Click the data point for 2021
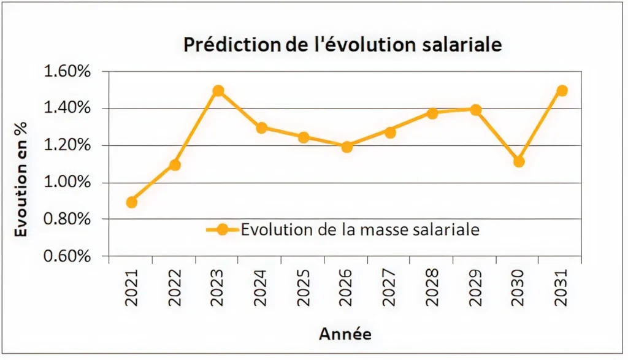(x=131, y=202)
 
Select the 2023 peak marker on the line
(x=218, y=91)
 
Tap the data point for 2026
(x=347, y=147)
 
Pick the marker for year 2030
(x=519, y=161)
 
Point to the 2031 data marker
(x=562, y=91)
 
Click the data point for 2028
(x=432, y=113)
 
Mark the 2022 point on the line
(x=175, y=165)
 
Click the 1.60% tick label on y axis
(x=68, y=72)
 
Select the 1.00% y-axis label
(x=68, y=183)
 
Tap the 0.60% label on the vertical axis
(x=68, y=256)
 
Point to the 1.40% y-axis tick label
(x=68, y=109)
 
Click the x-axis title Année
(x=345, y=334)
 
